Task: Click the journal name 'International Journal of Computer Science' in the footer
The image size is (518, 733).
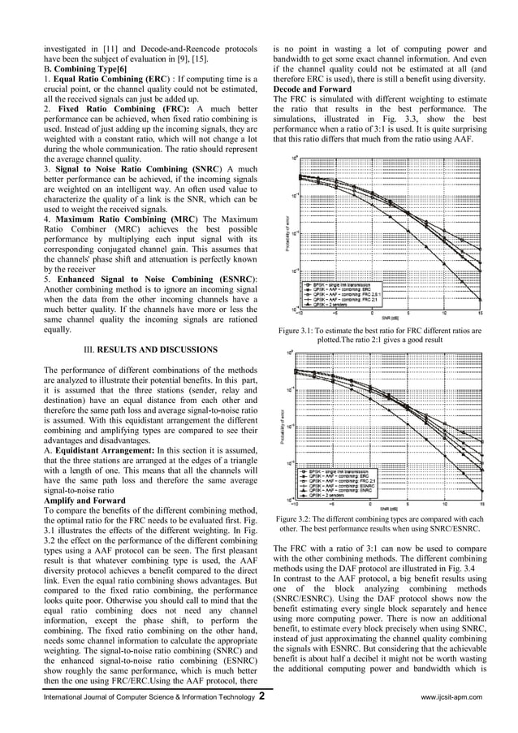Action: coord(114,697)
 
